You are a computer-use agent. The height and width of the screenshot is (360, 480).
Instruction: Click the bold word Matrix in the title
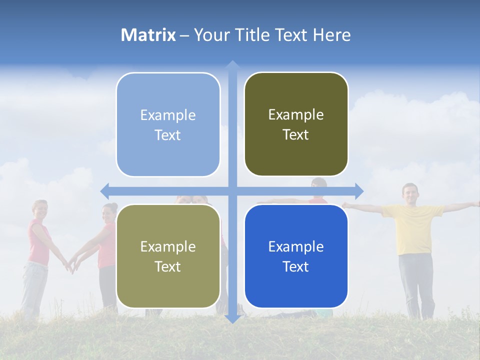coord(148,35)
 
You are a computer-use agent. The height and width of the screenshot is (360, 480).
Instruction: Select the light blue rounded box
coord(168,124)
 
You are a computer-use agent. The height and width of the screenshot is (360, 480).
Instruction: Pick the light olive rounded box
coord(168,256)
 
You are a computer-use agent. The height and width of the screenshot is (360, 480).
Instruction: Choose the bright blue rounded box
coord(296,256)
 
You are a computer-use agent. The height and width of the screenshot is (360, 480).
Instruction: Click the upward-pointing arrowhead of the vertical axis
coord(232,65)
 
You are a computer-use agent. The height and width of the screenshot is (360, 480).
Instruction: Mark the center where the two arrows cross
coord(232,191)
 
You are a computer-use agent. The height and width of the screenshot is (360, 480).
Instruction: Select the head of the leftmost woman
coord(40,209)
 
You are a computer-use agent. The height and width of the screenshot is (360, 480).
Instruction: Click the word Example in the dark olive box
coord(296,114)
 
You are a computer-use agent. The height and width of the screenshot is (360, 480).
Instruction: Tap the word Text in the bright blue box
coord(296,266)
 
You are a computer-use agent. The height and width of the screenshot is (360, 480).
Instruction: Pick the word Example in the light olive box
coord(168,246)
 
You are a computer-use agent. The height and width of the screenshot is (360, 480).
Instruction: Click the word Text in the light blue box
coord(168,135)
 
